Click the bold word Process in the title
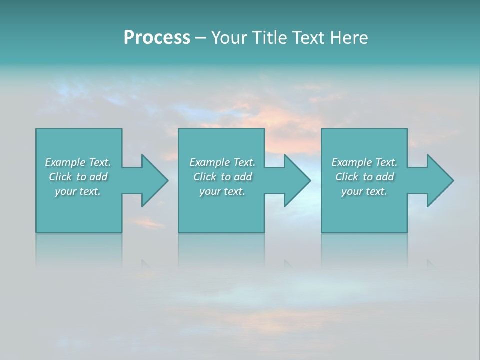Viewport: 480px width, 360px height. click(x=157, y=38)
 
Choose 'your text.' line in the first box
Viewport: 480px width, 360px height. click(x=78, y=191)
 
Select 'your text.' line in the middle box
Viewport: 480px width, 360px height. click(x=222, y=191)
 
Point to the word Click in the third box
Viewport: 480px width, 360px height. click(x=347, y=177)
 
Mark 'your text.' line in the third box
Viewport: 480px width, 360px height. click(x=364, y=191)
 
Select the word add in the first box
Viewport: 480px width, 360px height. click(x=98, y=177)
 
